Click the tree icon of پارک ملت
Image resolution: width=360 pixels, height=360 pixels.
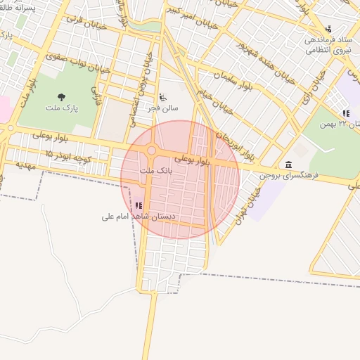pos(61,97)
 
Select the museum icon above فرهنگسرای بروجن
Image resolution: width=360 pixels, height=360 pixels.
pos(289,164)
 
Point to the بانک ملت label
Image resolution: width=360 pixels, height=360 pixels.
pos(155,171)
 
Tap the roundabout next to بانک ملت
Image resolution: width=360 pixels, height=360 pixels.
pos(151,151)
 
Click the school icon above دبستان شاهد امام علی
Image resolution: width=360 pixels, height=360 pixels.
pos(139,206)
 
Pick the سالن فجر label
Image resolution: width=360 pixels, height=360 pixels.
pos(162,108)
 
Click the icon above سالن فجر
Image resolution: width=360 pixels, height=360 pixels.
pos(163,97)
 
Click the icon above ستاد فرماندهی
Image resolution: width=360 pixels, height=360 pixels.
pos(328,29)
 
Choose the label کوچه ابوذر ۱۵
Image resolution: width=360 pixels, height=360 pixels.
pos(68,155)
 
